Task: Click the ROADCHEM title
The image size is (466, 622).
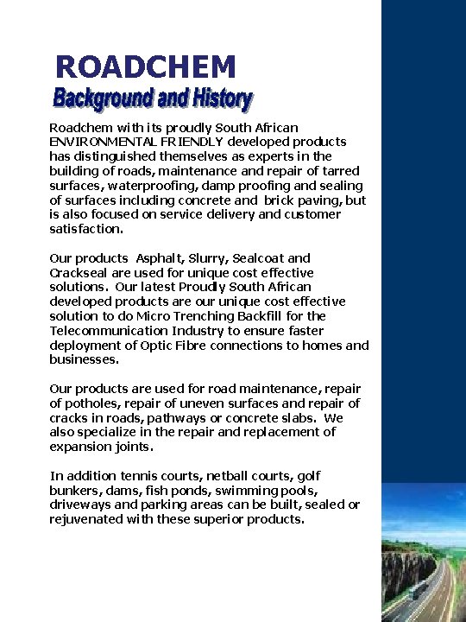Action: coord(145,67)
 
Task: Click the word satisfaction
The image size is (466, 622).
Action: coord(85,230)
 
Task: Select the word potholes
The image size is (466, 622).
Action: coord(91,403)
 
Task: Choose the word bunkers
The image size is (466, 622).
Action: coord(76,491)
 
